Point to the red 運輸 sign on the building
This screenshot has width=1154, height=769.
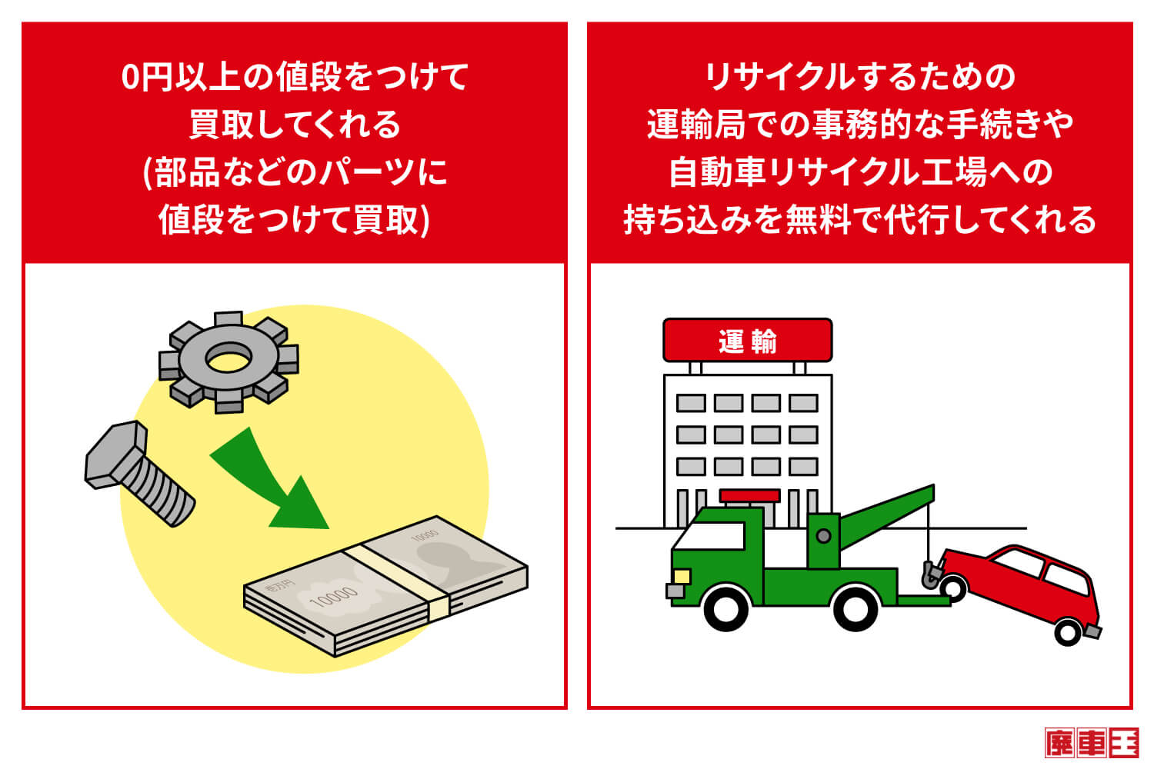(x=747, y=340)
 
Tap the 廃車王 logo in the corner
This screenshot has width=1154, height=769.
(x=1091, y=743)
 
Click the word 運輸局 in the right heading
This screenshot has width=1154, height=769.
(x=695, y=125)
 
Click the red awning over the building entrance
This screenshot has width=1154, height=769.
(x=749, y=496)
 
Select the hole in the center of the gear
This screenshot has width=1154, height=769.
(x=228, y=358)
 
